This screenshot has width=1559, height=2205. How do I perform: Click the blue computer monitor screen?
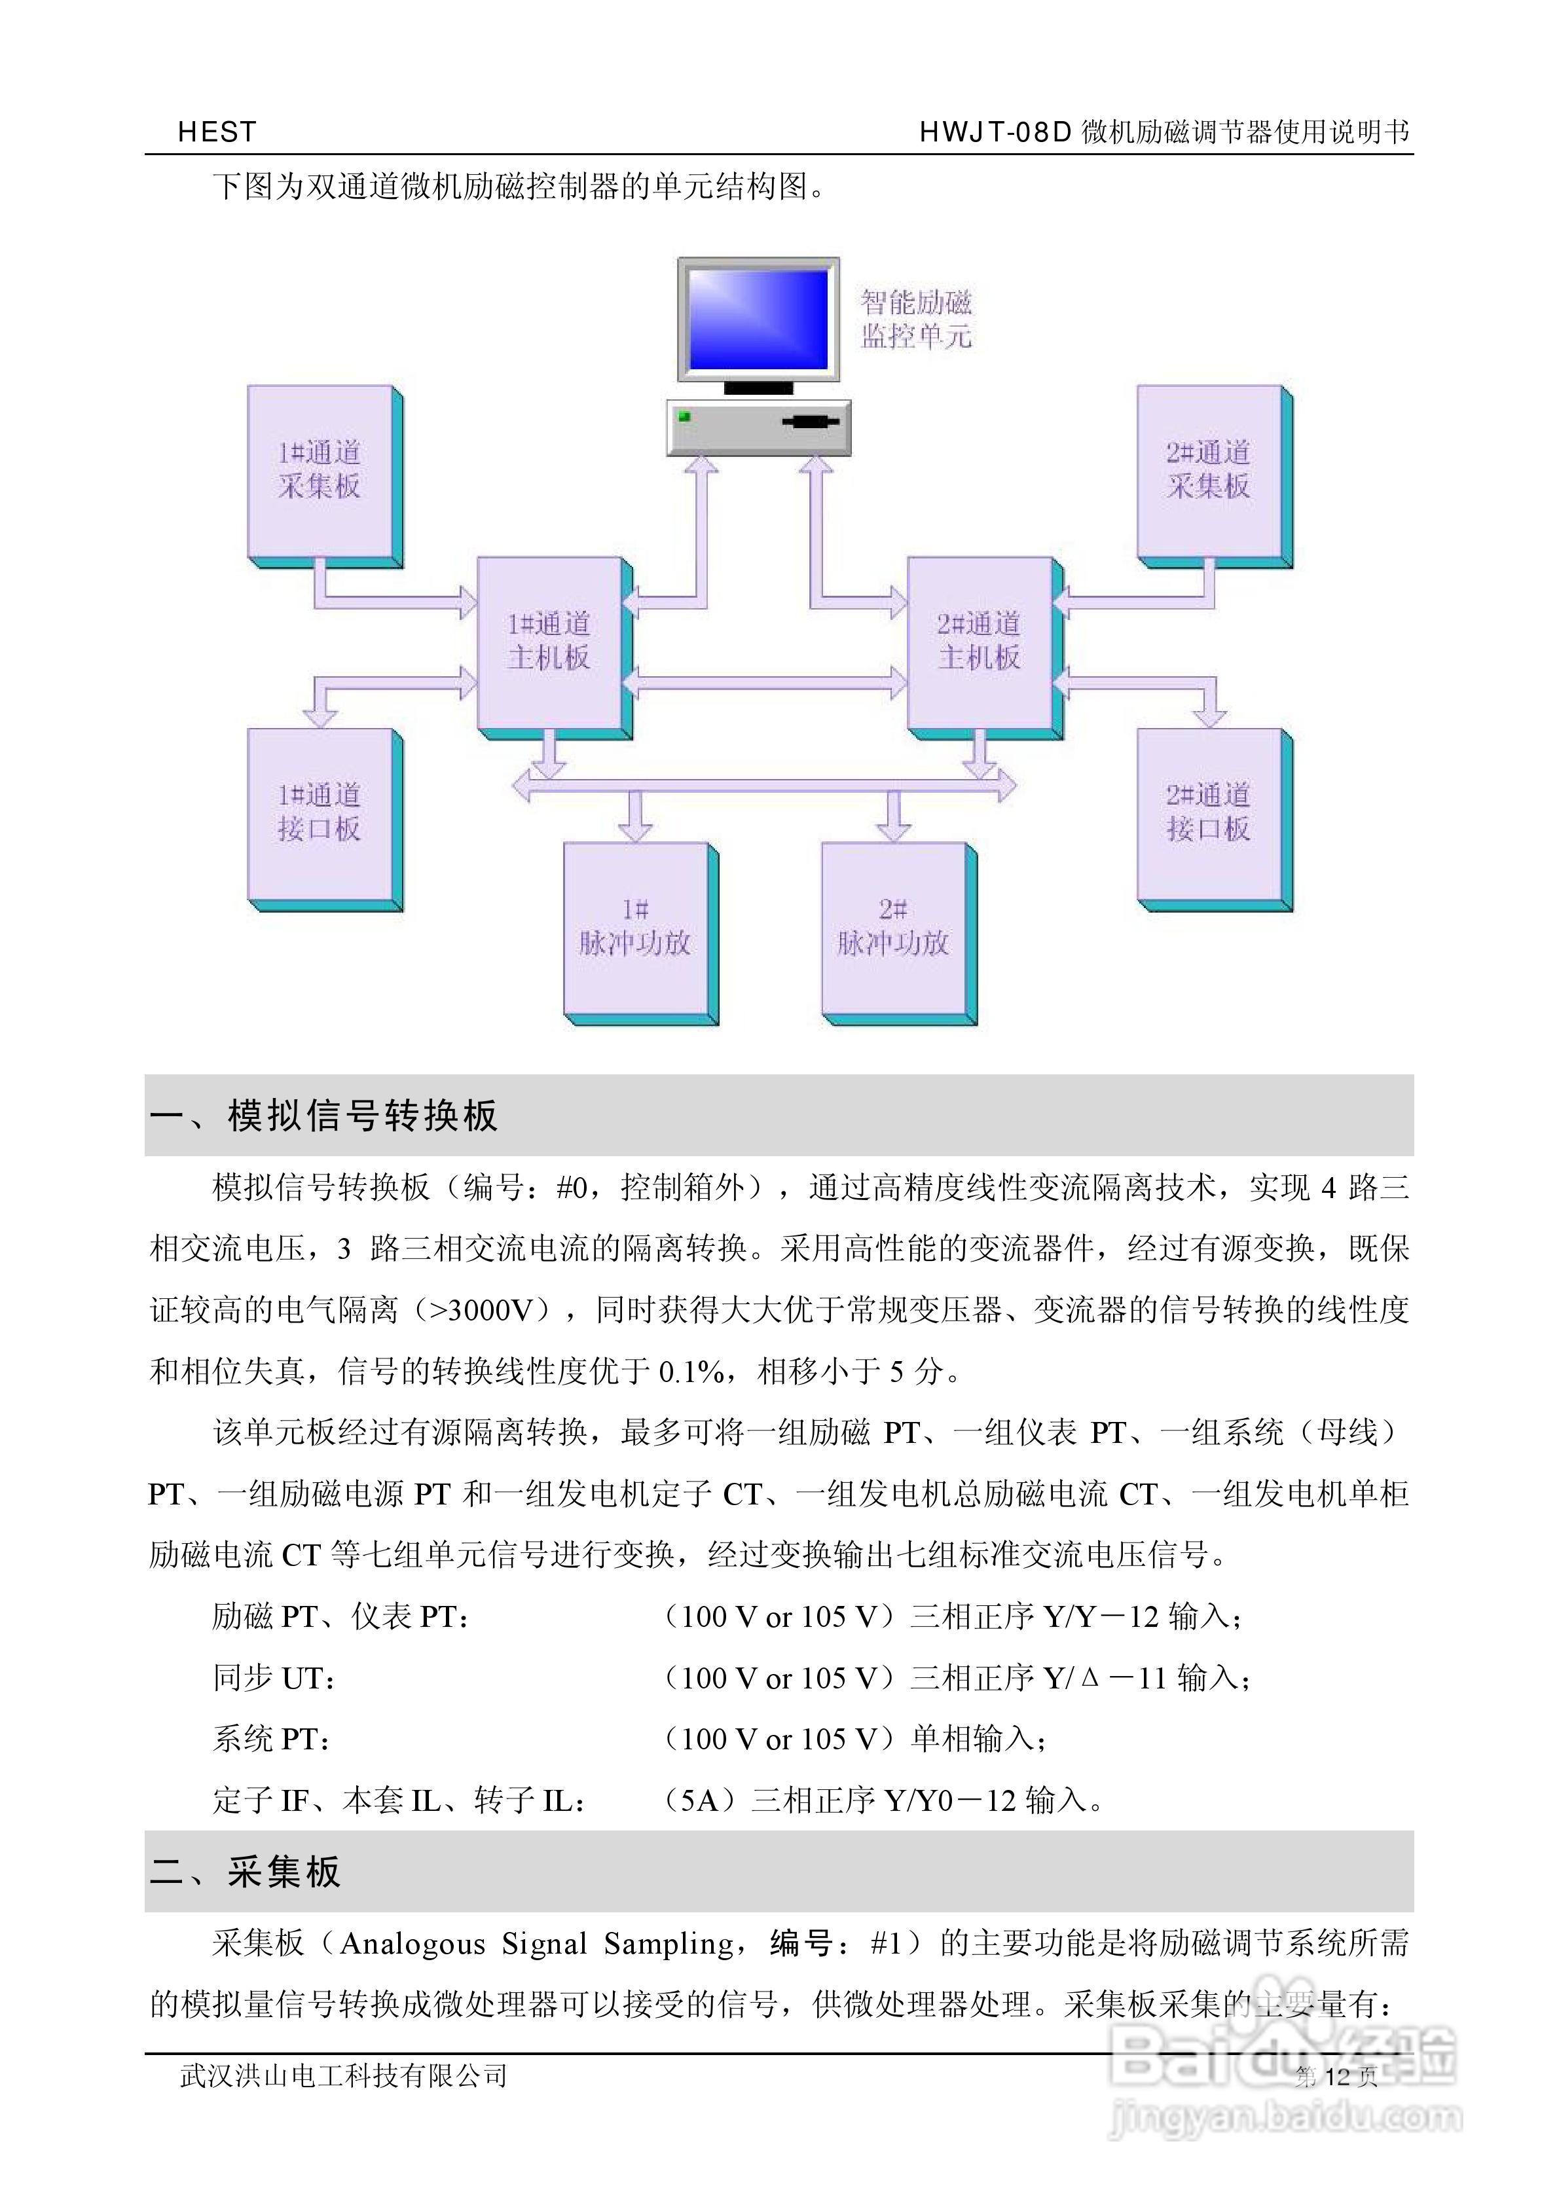(758, 319)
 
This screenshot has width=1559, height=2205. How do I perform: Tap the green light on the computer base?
(684, 416)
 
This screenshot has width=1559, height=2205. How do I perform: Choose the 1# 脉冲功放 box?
(636, 928)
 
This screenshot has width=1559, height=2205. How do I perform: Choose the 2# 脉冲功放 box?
(893, 928)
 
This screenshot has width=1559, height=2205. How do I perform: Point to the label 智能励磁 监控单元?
(917, 319)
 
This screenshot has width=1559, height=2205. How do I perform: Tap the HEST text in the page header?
(217, 132)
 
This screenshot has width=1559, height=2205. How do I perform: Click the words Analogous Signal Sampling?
(543, 1944)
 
